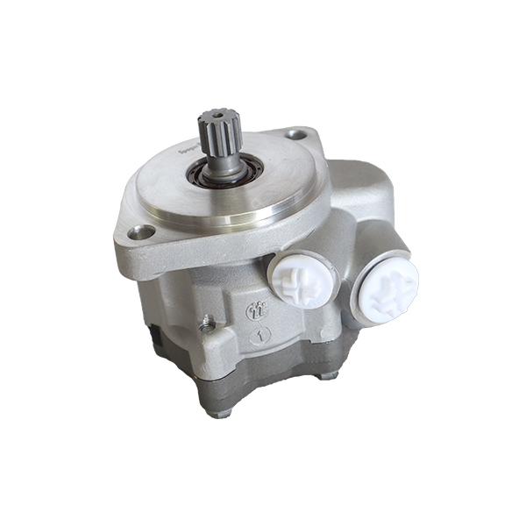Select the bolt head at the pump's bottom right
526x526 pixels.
pos(328,374)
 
